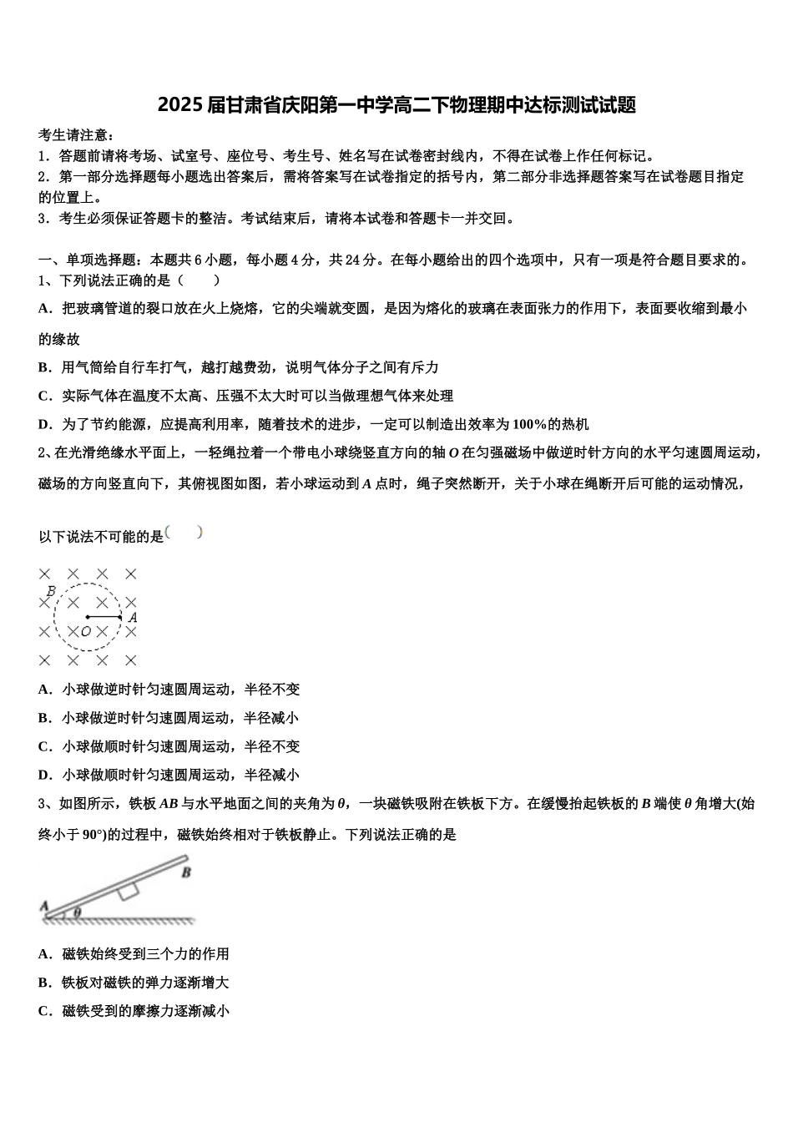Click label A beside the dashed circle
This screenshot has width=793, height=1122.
(x=132, y=618)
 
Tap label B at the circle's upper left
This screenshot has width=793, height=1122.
(x=51, y=592)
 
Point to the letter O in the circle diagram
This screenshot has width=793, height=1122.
(x=86, y=632)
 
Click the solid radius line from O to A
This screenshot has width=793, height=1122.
(x=104, y=618)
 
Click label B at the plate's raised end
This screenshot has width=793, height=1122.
(x=186, y=872)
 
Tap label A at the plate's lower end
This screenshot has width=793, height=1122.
(x=43, y=905)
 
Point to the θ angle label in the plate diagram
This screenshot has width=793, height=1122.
(x=77, y=913)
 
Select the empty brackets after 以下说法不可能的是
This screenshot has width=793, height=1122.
(x=184, y=533)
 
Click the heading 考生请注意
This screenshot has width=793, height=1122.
(x=76, y=135)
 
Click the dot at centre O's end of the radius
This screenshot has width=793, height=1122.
(x=88, y=618)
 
